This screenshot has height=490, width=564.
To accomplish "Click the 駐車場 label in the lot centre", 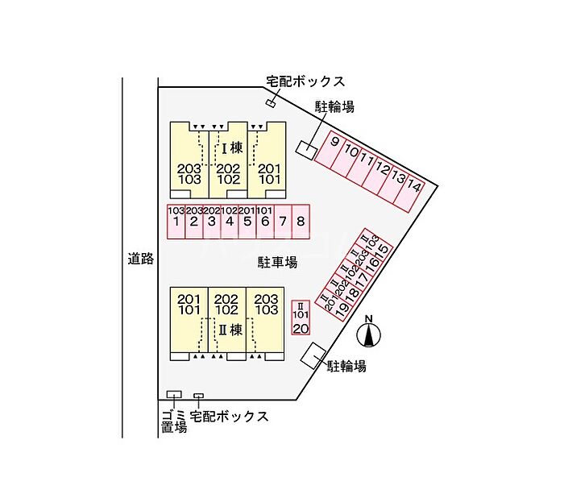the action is click(278, 262).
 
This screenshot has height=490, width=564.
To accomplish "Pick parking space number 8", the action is click(300, 222).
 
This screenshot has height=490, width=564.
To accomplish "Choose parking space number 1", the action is click(176, 222).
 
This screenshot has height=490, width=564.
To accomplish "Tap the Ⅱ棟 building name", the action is click(230, 330).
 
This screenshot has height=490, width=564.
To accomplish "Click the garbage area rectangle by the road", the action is click(173, 394).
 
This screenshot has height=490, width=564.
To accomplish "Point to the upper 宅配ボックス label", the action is click(305, 81).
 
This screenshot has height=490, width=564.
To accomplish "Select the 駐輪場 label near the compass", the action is click(346, 367).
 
